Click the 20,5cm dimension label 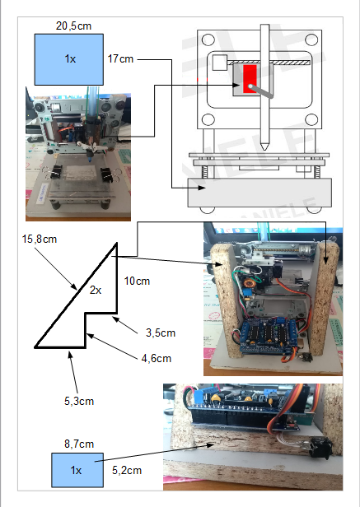[x=73, y=26]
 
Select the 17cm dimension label [x=120, y=59]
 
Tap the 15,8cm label [x=40, y=240]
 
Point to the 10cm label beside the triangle [x=137, y=281]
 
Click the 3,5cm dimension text [x=161, y=333]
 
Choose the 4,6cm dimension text [x=157, y=358]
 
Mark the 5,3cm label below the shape [x=79, y=401]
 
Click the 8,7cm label [x=79, y=444]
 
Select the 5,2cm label [x=127, y=470]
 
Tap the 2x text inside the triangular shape [x=96, y=291]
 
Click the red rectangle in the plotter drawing [x=250, y=79]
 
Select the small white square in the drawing [x=219, y=63]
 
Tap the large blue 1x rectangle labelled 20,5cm [x=69, y=59]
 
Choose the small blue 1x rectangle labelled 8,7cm [x=77, y=470]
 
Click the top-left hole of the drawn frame [x=208, y=40]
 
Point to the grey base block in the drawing [x=260, y=193]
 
